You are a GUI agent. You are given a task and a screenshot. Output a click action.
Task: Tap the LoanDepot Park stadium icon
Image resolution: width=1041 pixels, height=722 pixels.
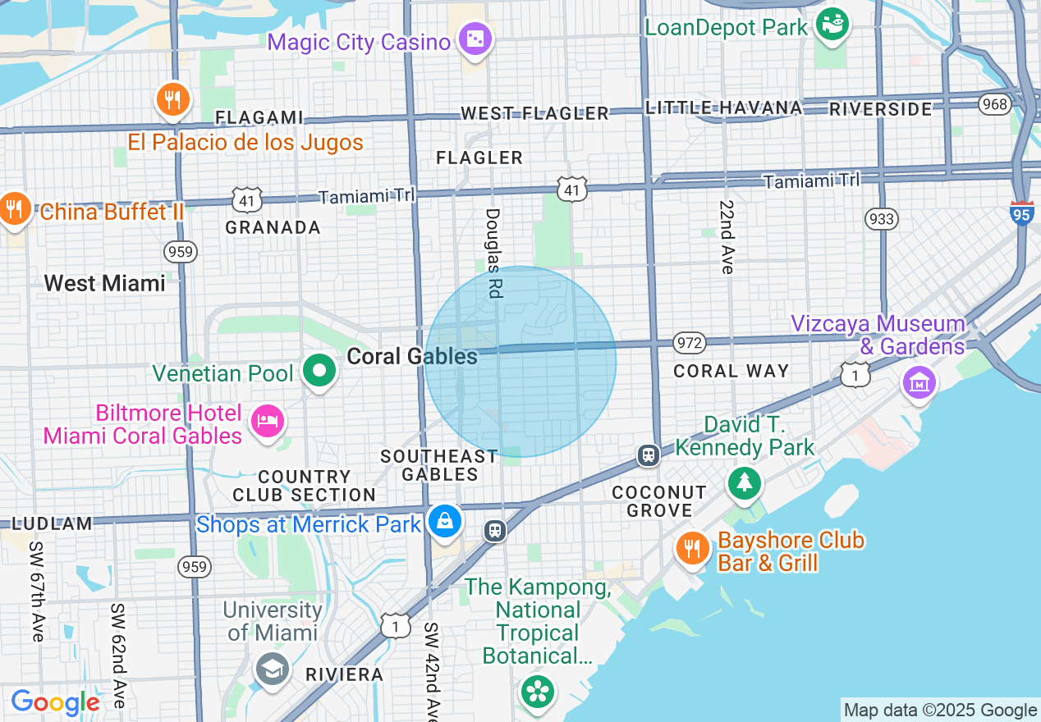(x=833, y=25)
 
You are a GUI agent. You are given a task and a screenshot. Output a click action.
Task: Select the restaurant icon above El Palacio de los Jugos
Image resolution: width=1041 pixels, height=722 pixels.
(x=172, y=100)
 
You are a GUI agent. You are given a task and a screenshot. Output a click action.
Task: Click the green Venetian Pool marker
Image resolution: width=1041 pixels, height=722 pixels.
(x=320, y=372)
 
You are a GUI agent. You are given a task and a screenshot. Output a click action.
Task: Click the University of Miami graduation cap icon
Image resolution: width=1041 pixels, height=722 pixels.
(x=272, y=669)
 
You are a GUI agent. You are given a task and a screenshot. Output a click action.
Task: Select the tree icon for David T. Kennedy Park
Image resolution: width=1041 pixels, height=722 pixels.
(x=745, y=482)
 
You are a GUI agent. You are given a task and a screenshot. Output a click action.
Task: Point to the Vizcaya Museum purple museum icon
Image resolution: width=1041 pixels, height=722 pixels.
(x=919, y=382)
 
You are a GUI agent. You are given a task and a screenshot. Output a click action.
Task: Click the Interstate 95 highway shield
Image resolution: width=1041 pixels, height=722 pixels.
(x=1022, y=212)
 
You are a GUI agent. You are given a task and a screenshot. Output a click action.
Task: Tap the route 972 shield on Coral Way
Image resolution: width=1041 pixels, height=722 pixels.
(x=689, y=341)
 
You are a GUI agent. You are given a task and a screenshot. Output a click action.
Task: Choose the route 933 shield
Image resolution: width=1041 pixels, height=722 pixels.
(x=881, y=219)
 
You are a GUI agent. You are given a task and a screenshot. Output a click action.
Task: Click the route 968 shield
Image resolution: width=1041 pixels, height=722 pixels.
(x=994, y=104)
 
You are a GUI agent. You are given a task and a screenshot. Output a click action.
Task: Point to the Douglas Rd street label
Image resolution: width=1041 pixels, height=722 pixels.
(x=493, y=253)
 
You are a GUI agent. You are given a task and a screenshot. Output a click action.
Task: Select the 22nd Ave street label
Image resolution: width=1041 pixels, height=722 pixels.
(x=727, y=236)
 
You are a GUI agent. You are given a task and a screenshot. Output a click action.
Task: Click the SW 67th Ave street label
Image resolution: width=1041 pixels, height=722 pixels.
(x=37, y=591)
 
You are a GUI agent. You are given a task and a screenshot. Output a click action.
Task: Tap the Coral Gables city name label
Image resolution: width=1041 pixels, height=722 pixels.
(x=412, y=356)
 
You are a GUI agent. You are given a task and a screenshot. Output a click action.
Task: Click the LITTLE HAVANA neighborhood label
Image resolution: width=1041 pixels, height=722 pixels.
(x=723, y=107)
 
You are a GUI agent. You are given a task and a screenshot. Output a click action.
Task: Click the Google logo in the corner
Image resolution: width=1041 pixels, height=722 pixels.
(x=55, y=702)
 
